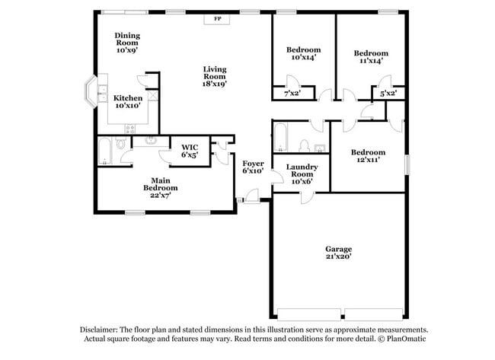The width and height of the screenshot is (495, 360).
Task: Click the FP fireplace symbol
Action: (x=217, y=18)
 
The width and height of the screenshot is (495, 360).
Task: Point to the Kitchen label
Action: (x=127, y=103)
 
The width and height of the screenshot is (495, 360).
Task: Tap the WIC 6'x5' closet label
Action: (x=190, y=151)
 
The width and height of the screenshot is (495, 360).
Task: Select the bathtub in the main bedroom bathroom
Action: (x=105, y=150)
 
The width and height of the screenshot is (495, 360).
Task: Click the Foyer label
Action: (x=253, y=167)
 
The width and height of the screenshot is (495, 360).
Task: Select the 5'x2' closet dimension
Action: (x=388, y=93)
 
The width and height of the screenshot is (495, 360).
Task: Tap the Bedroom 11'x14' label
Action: (x=371, y=57)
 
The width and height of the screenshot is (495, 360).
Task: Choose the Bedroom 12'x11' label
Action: (x=368, y=156)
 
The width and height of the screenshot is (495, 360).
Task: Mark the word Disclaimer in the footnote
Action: (x=100, y=330)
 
